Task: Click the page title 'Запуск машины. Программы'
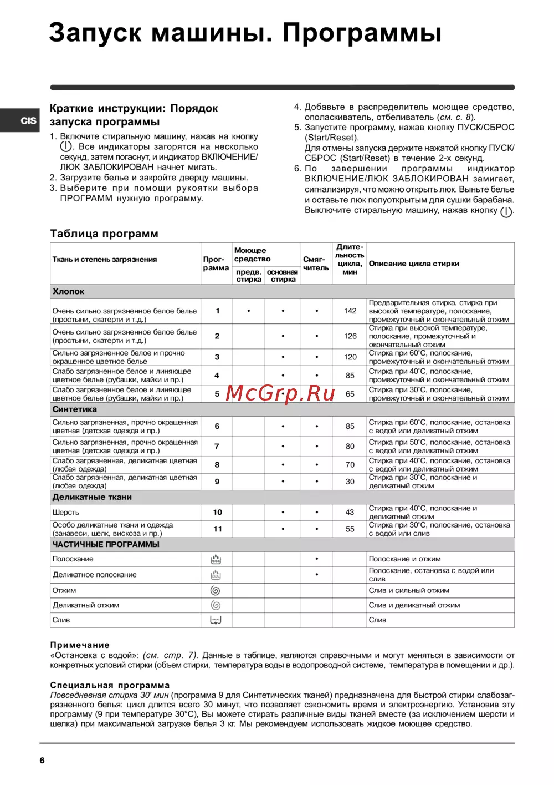click(x=245, y=33)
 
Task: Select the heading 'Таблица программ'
click(x=104, y=234)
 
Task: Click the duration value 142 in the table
click(x=350, y=311)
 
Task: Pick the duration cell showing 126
click(x=350, y=336)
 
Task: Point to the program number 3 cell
click(x=217, y=357)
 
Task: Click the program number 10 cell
click(x=217, y=513)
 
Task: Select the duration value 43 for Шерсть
click(x=350, y=513)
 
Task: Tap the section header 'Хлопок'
click(x=69, y=292)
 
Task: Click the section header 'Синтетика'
click(x=75, y=409)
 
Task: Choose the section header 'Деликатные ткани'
click(x=92, y=498)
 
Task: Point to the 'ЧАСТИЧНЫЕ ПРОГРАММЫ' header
click(x=106, y=545)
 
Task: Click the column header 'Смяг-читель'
click(x=316, y=264)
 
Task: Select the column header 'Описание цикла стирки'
click(x=414, y=264)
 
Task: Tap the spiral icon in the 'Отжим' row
click(x=216, y=591)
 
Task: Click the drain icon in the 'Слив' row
click(x=216, y=620)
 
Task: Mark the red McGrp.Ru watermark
click(x=280, y=393)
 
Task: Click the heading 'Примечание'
click(x=80, y=645)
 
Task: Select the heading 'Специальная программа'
click(x=110, y=686)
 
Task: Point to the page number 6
click(x=42, y=761)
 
